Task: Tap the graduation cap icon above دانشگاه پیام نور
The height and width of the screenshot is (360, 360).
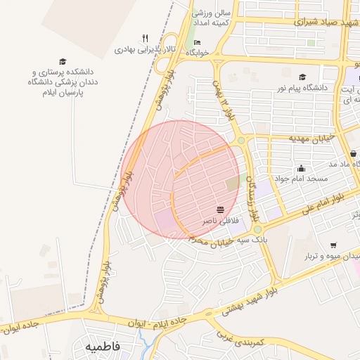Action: coord(302,77)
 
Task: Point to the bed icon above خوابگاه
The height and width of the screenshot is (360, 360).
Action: coord(196,43)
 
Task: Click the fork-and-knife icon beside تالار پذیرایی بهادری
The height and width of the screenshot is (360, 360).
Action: coord(145,39)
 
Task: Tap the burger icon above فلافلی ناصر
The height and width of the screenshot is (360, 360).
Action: coord(221,210)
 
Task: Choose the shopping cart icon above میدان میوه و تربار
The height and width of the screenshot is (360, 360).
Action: coord(333,245)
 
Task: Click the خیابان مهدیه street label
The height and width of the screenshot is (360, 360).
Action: coord(309,139)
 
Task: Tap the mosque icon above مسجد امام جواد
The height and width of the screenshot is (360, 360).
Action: coord(301,168)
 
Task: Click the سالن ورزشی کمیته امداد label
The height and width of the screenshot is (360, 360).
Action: coord(212,18)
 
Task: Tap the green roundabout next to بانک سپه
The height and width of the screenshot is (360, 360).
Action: coord(257,229)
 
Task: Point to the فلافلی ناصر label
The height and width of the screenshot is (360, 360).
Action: coord(220,221)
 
